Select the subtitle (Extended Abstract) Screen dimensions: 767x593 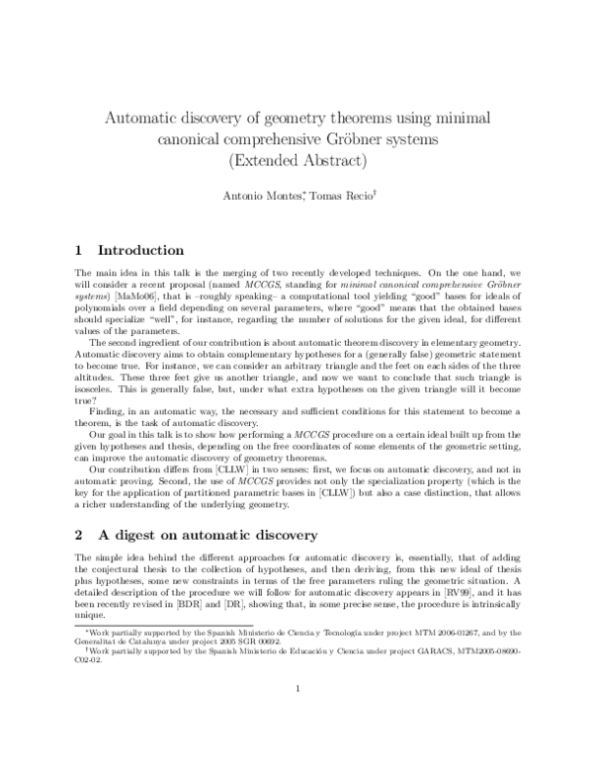pos(296,160)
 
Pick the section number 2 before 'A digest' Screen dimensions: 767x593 pos(80,535)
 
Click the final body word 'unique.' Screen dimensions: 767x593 pos(90,615)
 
